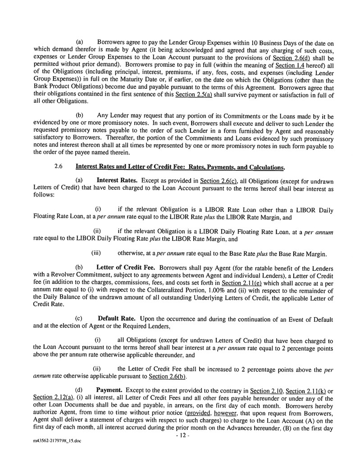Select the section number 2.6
tap(58, 166)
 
